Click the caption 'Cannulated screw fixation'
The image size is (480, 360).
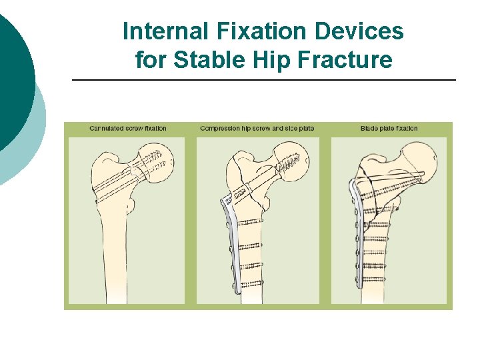click(127, 128)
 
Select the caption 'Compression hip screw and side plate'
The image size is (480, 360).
click(257, 128)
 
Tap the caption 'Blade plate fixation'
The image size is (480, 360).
click(389, 128)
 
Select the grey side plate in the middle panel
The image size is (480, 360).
click(232, 247)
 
